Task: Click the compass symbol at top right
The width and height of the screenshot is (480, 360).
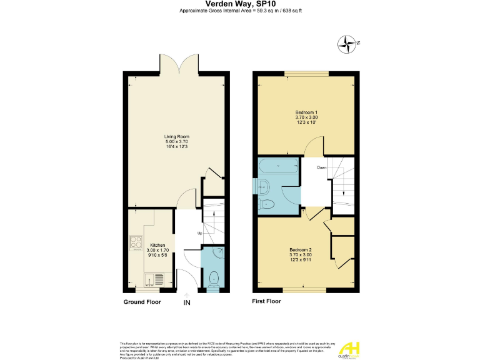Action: click(x=346, y=43)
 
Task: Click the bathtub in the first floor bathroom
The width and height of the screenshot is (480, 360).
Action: click(x=279, y=167)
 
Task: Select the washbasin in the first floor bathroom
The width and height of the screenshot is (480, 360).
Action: click(x=263, y=185)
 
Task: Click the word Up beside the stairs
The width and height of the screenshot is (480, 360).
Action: click(x=199, y=234)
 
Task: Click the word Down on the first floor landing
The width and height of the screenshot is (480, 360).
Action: click(x=321, y=167)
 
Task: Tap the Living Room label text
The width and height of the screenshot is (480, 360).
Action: click(x=176, y=136)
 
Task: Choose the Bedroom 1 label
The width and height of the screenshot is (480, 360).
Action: click(x=306, y=112)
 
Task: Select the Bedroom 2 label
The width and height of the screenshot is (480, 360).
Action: click(x=306, y=250)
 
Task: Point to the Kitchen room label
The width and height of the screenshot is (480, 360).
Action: click(x=157, y=245)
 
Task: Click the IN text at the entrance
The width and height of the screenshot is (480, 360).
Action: click(x=186, y=302)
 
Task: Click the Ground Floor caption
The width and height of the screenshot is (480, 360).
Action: click(x=142, y=302)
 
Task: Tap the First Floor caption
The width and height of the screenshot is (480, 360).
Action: click(x=266, y=301)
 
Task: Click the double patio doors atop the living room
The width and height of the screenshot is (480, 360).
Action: click(x=177, y=64)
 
